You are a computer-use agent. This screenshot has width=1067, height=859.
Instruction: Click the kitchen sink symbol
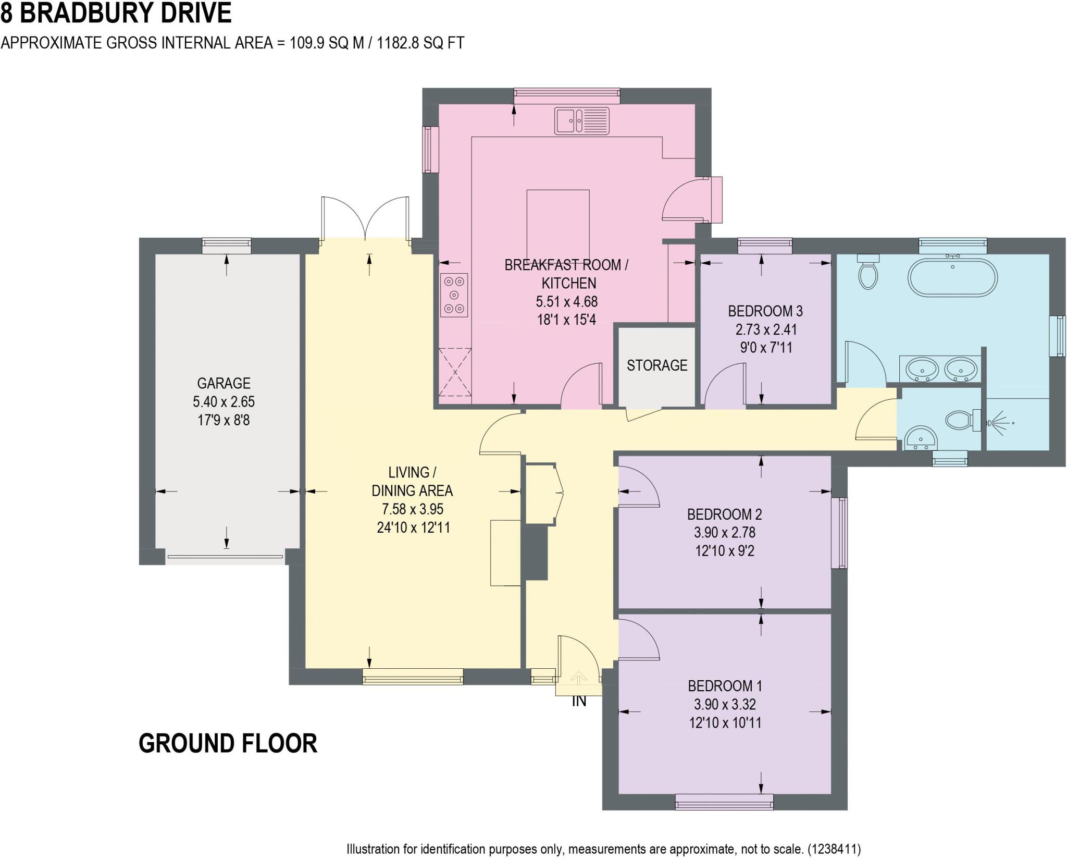[x=581, y=120]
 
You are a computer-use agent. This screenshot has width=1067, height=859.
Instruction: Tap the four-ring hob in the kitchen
[x=454, y=295]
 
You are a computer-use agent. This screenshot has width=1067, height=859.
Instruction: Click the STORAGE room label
[x=656, y=365]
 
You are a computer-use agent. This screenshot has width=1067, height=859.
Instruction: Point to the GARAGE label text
[x=224, y=384]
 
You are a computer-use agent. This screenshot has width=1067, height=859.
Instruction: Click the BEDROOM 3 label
[x=765, y=311]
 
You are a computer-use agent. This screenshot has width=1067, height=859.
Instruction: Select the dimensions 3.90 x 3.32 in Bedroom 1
[x=724, y=705]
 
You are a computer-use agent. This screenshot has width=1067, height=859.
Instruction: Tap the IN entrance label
[x=579, y=702]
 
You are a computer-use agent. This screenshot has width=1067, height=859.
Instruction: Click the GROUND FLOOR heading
[x=228, y=743]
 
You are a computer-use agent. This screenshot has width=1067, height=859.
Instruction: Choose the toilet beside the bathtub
[x=867, y=272]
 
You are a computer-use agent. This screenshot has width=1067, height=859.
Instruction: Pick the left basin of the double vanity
[x=922, y=370]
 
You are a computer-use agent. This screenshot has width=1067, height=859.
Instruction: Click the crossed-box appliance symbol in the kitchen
[x=455, y=372]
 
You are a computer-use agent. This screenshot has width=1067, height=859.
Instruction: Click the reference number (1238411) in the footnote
[x=834, y=849]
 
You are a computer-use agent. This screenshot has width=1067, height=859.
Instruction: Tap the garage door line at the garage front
[x=225, y=557]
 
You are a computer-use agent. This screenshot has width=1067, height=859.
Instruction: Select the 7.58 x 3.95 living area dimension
[x=412, y=509]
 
